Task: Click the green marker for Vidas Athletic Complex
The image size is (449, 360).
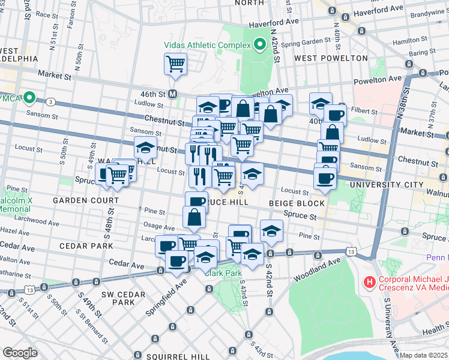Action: [x=260, y=44]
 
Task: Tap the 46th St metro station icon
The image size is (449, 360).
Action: [x=173, y=94]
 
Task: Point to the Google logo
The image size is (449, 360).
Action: [x=20, y=353]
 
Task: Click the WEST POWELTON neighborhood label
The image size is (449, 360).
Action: [x=331, y=58]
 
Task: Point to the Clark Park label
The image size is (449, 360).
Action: [x=223, y=272]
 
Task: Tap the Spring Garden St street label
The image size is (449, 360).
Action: [x=307, y=43]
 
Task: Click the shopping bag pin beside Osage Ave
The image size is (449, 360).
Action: [x=194, y=217]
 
